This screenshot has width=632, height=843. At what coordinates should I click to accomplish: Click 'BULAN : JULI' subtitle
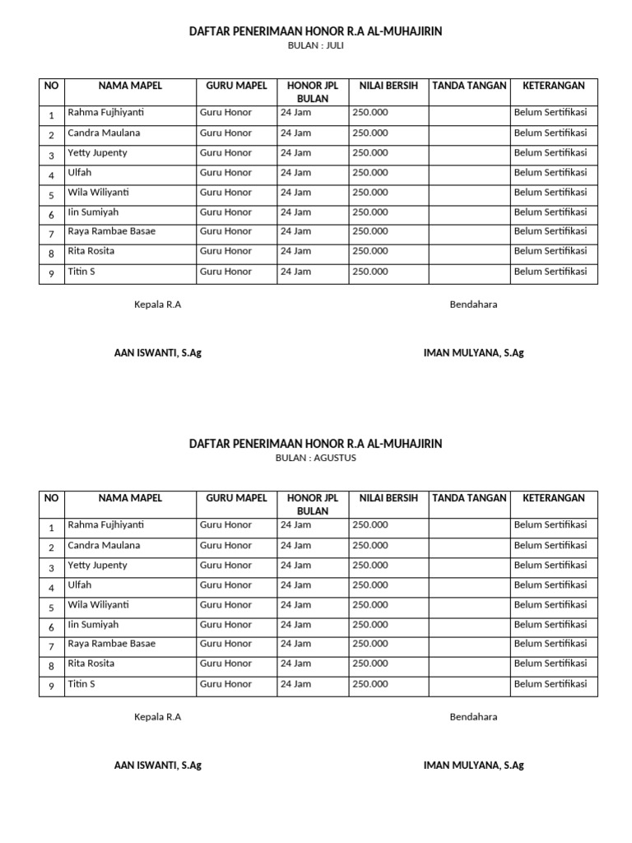316,46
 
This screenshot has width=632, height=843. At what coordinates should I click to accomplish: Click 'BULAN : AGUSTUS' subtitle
316,459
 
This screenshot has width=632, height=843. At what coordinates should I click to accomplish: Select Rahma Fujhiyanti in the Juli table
105,113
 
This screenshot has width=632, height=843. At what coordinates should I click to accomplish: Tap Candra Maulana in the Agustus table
104,545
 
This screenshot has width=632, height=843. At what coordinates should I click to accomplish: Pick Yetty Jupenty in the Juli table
97,152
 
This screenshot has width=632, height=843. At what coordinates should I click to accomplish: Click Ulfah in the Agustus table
80,585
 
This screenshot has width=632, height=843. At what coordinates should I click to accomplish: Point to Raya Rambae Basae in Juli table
111,231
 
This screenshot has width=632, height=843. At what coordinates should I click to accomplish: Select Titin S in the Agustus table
81,683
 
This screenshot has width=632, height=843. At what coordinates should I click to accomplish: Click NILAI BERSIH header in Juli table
388,86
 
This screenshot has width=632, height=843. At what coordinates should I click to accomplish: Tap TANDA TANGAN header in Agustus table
468,498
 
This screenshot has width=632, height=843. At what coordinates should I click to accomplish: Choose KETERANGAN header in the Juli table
553,86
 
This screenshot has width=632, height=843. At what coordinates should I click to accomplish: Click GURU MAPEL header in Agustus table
236,498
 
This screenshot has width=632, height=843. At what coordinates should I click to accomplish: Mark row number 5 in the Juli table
51,195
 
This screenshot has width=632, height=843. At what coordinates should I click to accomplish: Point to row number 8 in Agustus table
51,666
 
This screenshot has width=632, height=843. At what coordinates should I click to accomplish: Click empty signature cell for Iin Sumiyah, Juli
468,212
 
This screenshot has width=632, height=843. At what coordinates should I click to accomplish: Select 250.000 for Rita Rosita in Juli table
370,251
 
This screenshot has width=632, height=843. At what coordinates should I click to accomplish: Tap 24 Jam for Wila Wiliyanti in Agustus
295,604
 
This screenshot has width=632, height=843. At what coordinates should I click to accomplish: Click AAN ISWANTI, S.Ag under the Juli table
157,353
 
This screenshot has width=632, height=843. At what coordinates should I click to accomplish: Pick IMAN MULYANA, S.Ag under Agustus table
473,766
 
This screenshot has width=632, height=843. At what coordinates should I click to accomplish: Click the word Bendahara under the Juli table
473,305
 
